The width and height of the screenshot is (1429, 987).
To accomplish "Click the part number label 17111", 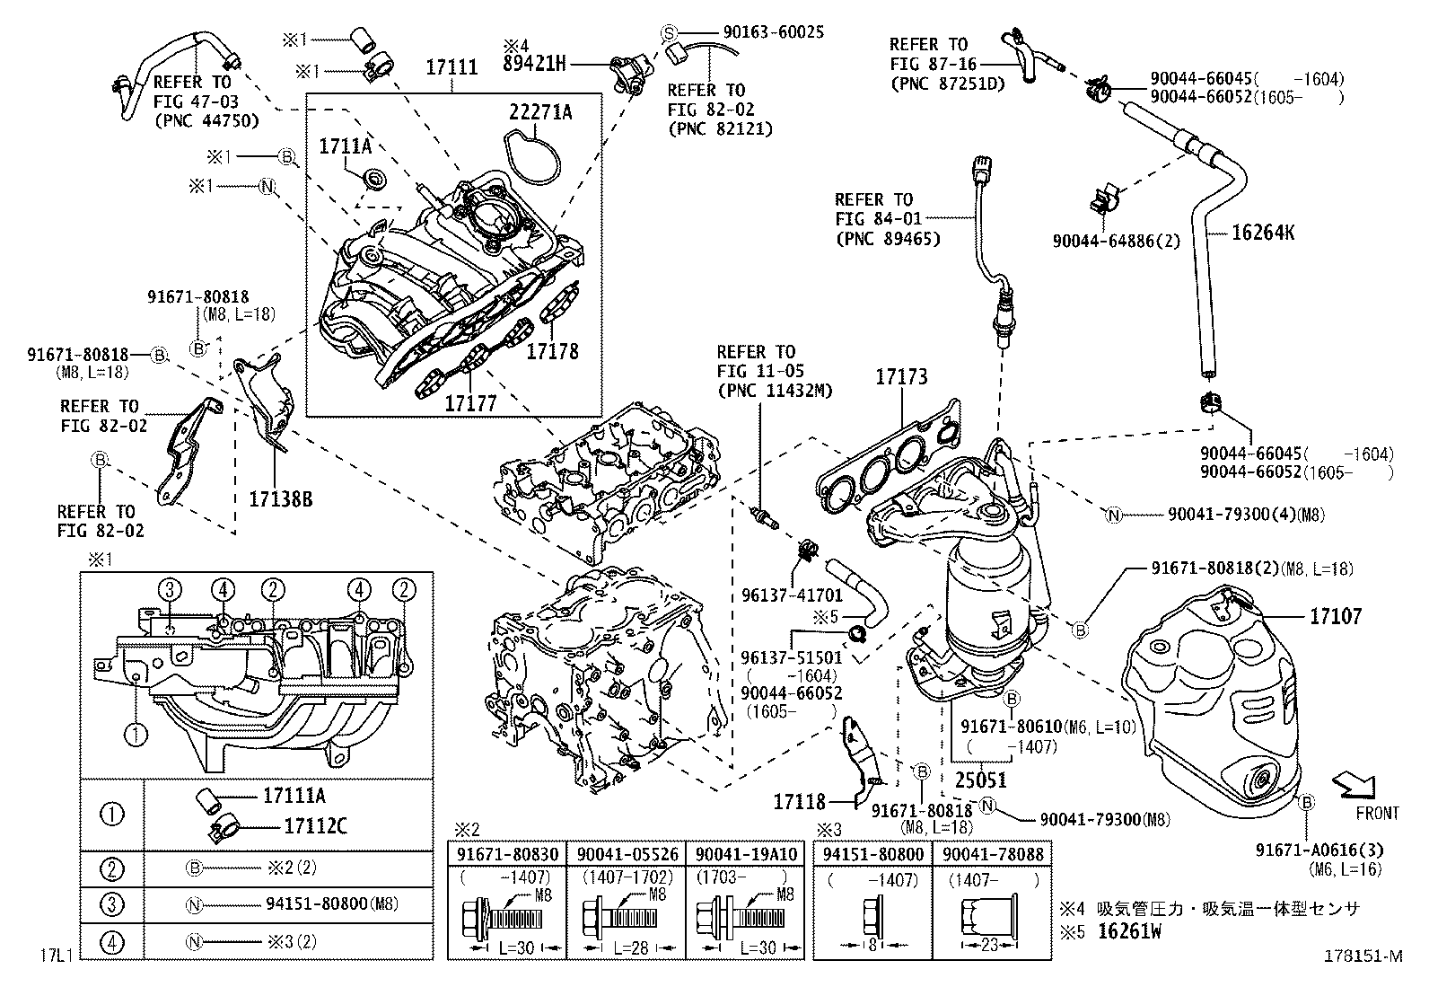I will tap(451, 67).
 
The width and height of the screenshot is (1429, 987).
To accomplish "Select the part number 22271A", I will tap(540, 111).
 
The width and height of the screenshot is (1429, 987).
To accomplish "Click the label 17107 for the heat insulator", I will tap(1335, 616).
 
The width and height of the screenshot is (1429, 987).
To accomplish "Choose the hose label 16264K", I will tap(1263, 234).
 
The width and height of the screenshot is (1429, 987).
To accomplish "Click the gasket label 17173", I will tap(901, 378).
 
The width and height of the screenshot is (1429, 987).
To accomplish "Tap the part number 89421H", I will tap(534, 63).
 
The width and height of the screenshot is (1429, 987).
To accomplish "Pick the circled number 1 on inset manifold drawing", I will tap(135, 735).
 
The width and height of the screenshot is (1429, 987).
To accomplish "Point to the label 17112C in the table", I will tap(305, 826).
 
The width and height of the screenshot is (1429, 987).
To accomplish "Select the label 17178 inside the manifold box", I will tap(552, 351).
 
